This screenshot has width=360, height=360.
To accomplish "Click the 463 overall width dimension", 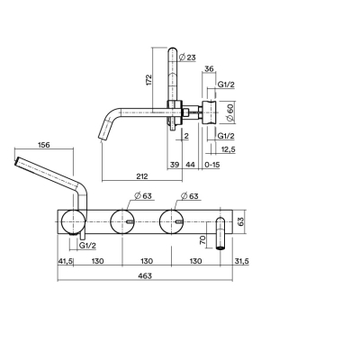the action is pos(146,275).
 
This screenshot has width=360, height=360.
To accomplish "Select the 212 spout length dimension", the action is pos(142,176).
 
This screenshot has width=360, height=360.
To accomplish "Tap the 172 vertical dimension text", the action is pos(149,80).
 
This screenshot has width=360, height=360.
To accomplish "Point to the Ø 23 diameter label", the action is pos(187,58).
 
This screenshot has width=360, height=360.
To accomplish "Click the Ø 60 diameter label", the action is pos(230,112).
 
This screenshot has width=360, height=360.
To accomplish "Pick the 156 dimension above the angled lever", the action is pos(44,145).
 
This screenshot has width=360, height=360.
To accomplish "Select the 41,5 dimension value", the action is pos(65,261).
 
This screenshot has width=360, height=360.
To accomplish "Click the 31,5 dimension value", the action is pos(241,261).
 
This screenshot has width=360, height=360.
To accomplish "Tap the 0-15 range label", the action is pos(212,165).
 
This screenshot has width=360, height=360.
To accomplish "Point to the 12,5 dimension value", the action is pos(228,149).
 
